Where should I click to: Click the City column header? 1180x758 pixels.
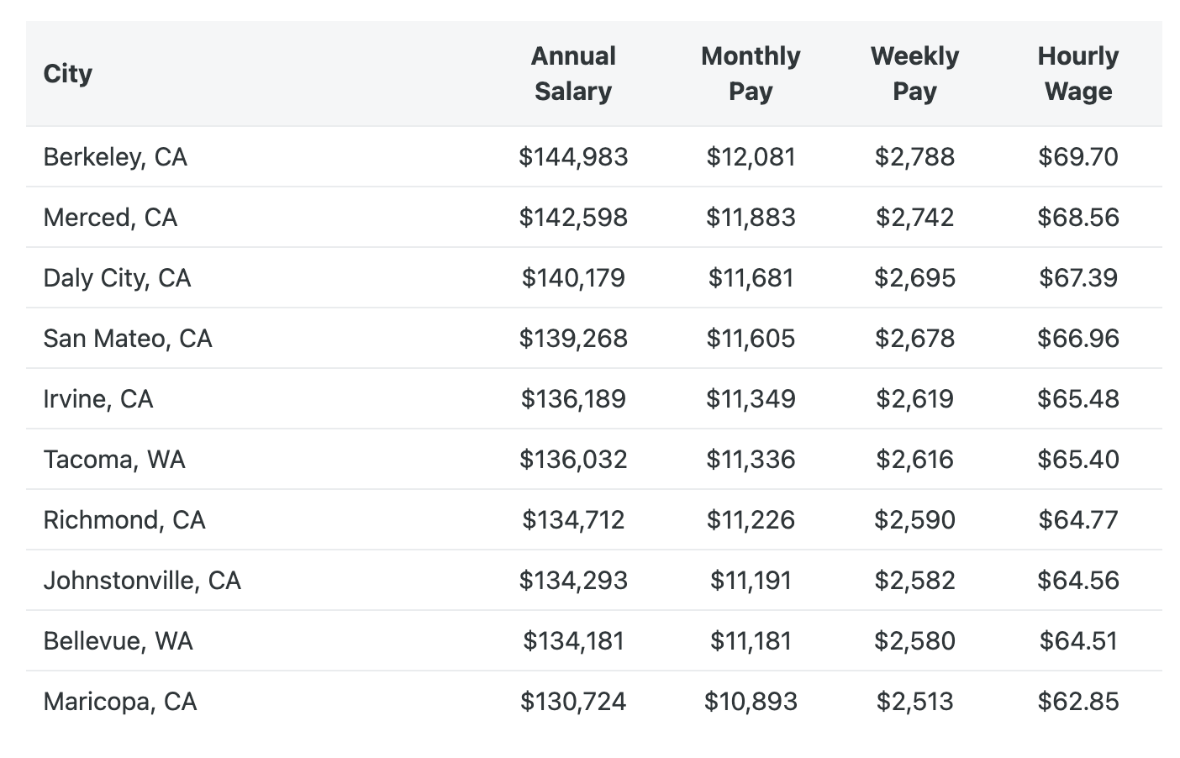pyautogui.click(x=68, y=74)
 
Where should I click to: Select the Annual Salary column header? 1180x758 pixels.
pyautogui.click(x=573, y=74)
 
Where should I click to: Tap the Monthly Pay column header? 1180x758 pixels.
pyautogui.click(x=751, y=74)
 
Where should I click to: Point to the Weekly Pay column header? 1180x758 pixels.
pyautogui.click(x=914, y=74)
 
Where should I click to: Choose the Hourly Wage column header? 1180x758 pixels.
pyautogui.click(x=1078, y=74)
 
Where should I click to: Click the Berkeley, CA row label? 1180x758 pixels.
pyautogui.click(x=115, y=157)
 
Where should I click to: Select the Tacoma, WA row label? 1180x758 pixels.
pyautogui.click(x=114, y=460)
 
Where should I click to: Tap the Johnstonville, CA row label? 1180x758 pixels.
pyautogui.click(x=142, y=581)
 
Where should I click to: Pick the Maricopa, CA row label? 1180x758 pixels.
pyautogui.click(x=120, y=702)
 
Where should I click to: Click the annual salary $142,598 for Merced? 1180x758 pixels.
pyautogui.click(x=573, y=218)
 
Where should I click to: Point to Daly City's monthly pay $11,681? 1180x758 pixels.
pyautogui.click(x=751, y=278)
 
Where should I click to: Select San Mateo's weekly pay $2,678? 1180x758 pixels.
pyautogui.click(x=914, y=339)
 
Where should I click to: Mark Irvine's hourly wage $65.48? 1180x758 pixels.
pyautogui.click(x=1078, y=399)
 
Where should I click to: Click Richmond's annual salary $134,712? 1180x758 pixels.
pyautogui.click(x=573, y=520)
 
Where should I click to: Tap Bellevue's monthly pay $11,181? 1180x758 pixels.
pyautogui.click(x=751, y=641)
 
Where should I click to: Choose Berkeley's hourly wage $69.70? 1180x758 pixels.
pyautogui.click(x=1078, y=157)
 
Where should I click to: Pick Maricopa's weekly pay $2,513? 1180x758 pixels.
pyautogui.click(x=914, y=702)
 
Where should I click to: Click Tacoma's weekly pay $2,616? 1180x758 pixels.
pyautogui.click(x=914, y=460)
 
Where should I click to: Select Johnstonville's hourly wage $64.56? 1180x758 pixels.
pyautogui.click(x=1078, y=581)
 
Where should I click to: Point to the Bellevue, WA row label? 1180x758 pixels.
pyautogui.click(x=119, y=641)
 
